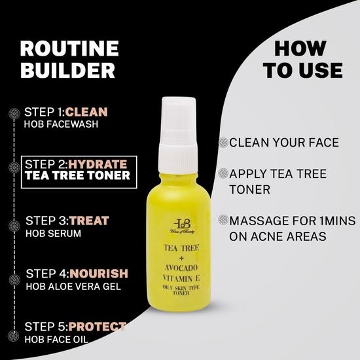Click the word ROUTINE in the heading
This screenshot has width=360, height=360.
pyautogui.click(x=69, y=48)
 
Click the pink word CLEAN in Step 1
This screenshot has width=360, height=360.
pyautogui.click(x=86, y=111)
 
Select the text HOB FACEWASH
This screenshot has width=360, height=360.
pyautogui.click(x=60, y=124)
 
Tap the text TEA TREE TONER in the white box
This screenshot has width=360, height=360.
pyautogui.click(x=77, y=175)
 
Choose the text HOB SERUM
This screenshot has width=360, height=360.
pyautogui.click(x=52, y=233)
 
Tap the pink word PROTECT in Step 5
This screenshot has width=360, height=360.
pyautogui.click(x=96, y=326)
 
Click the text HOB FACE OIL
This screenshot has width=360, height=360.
pyautogui.click(x=60, y=338)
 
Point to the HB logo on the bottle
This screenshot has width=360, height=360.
pyautogui.click(x=181, y=225)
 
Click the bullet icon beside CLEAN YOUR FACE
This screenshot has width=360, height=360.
pyautogui.click(x=223, y=143)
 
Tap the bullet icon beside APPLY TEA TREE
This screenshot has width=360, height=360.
pyautogui.click(x=223, y=173)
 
